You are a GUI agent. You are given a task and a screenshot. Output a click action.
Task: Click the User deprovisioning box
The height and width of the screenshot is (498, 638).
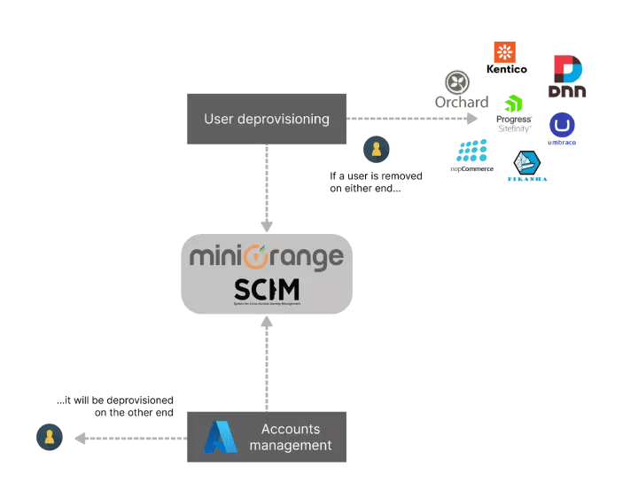pos(266,119)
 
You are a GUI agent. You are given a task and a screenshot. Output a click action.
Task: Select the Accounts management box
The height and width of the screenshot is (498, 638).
pos(266,437)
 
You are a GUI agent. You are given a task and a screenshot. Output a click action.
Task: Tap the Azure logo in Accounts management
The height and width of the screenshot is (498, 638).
pos(220,437)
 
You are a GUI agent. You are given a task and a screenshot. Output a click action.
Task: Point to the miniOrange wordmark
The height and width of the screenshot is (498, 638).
pos(266,258)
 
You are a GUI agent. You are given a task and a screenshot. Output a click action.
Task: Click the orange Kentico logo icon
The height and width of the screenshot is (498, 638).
pos(505,51)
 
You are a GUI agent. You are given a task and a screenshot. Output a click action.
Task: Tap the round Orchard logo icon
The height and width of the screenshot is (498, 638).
pos(457,82)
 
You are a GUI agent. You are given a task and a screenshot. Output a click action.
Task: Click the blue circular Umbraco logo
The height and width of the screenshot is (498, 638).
pos(561,124)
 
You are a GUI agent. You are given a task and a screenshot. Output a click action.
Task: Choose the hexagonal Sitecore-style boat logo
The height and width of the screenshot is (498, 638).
pos(527,163)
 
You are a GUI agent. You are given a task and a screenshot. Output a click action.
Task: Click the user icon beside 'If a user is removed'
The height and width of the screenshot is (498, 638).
pos(376,150)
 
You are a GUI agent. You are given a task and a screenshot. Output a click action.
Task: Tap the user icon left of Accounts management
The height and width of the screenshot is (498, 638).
pos(50,437)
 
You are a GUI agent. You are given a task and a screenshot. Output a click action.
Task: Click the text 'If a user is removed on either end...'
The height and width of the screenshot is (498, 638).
pos(376,182)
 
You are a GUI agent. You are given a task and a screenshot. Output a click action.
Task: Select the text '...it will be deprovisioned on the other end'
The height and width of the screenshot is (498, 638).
pos(115,407)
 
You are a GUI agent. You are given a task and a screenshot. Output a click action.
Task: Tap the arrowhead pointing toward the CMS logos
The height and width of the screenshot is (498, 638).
pos(471,118)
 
